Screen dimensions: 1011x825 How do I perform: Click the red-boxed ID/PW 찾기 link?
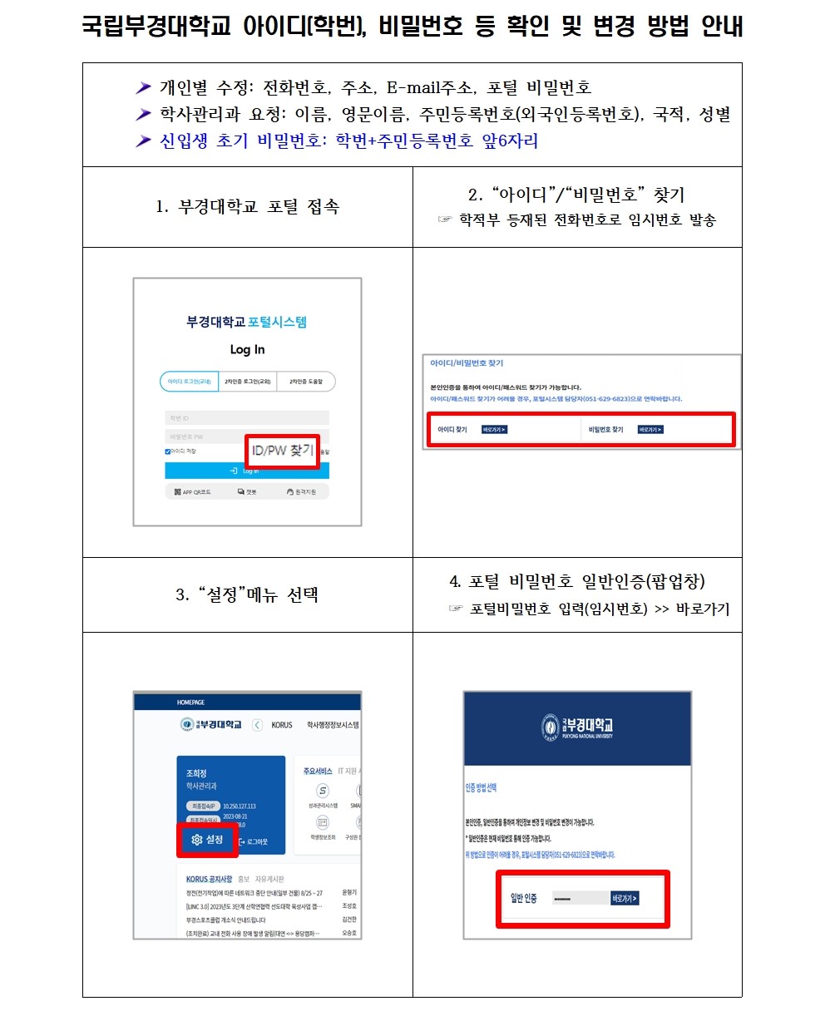pos(282,451)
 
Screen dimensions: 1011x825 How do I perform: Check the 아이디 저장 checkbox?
pos(168,451)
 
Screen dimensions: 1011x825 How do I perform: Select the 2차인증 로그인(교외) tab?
pos(247,382)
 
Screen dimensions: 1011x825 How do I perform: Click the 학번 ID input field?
pos(247,417)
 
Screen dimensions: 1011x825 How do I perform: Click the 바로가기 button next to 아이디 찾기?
pos(494,430)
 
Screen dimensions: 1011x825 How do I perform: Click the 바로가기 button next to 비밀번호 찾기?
pos(650,430)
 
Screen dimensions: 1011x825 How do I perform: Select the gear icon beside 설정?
pos(196,840)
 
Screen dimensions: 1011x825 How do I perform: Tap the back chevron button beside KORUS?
pos(256,725)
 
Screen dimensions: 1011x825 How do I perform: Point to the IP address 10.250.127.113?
pos(240,806)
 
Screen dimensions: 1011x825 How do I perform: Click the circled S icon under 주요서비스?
pos(323,791)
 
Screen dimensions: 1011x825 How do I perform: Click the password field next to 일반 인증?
pos(579,899)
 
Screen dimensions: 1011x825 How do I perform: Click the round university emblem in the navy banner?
pos(550,727)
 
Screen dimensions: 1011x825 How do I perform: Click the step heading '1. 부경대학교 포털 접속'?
pos(247,207)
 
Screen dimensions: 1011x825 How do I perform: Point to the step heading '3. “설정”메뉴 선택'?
pos(247,595)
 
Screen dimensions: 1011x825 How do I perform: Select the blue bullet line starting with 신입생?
pos(348,141)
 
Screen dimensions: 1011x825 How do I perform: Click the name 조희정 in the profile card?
pos(197,773)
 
